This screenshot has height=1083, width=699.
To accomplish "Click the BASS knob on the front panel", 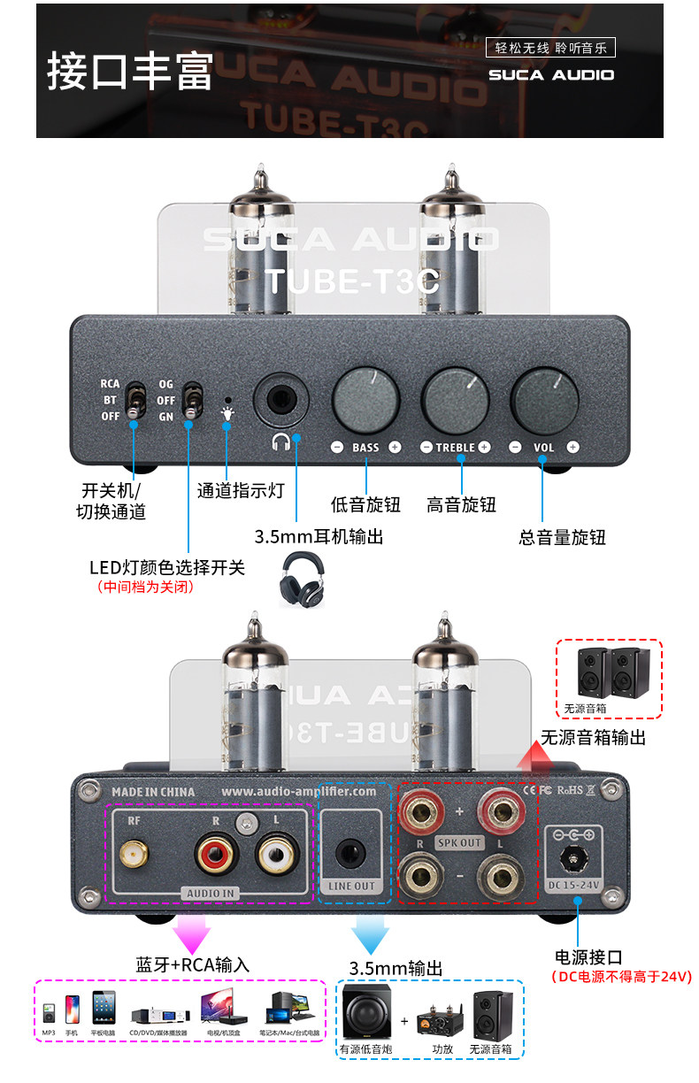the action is [x=365, y=399].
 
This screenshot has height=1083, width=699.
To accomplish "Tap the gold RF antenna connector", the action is [x=135, y=854].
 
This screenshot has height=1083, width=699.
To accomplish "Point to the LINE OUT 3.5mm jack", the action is [x=351, y=853].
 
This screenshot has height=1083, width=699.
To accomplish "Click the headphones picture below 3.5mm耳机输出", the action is [x=302, y=580].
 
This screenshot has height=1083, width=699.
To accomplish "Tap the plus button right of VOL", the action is [x=573, y=447].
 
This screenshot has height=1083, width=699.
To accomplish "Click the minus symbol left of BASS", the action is [x=337, y=447].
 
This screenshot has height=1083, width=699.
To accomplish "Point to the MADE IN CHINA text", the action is [x=153, y=792].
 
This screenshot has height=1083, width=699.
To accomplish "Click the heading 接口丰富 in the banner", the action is [x=130, y=72].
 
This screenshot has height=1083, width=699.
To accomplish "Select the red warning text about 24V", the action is [x=620, y=977].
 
